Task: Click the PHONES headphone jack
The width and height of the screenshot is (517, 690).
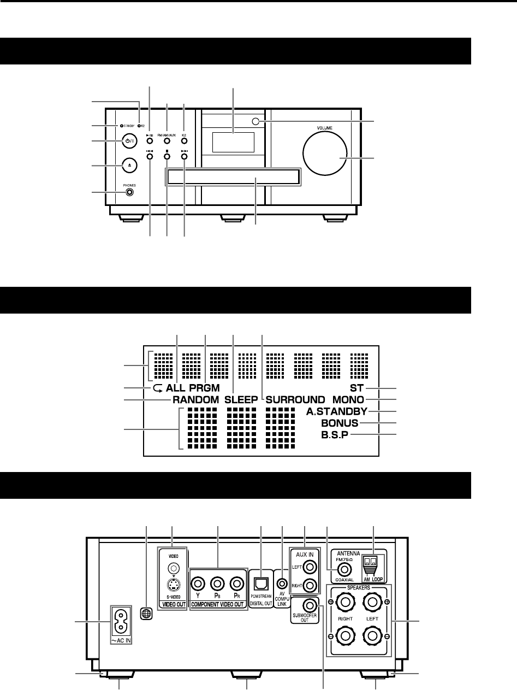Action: click(x=129, y=192)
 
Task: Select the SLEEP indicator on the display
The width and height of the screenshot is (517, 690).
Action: click(x=240, y=399)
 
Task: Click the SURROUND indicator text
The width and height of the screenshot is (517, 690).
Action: click(x=295, y=399)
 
